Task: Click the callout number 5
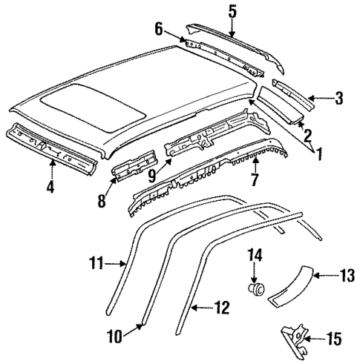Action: tap(232, 10)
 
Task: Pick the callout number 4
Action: tap(50, 187)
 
